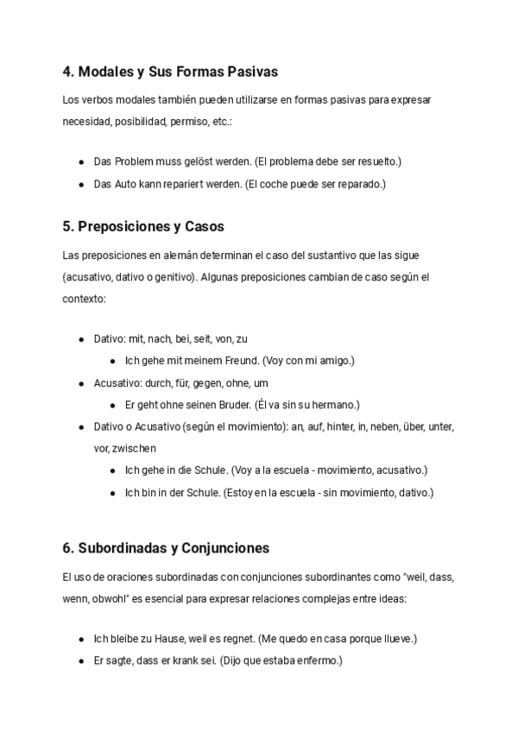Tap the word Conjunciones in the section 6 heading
226,548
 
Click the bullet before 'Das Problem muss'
81,161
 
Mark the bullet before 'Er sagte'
81,661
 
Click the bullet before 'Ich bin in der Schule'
113,493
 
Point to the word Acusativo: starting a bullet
115,382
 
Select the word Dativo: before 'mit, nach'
110,339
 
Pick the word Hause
165,640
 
